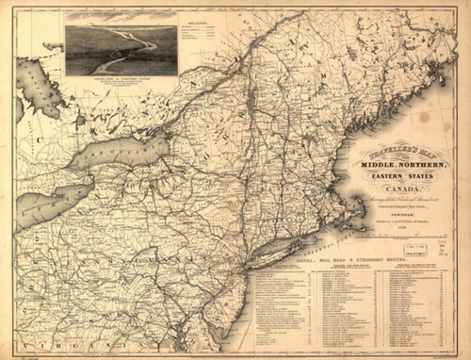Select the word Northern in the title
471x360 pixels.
click(x=406, y=167)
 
